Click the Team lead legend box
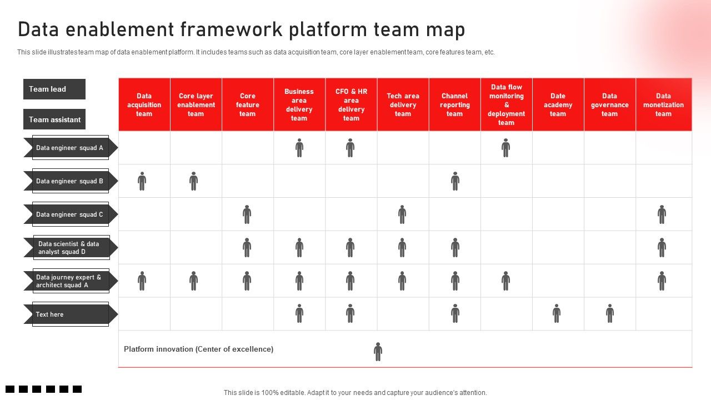pos(54,89)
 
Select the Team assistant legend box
pos(54,119)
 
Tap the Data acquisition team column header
pos(144,104)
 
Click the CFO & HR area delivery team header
pos(351,104)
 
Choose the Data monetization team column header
pos(663,104)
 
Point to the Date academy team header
pos(558,104)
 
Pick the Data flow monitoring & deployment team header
pos(506,104)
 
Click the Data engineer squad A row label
pos(70,148)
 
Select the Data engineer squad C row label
pos(70,214)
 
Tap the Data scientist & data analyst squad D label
pos(70,248)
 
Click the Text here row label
pos(70,314)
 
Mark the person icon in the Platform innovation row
pos(378,351)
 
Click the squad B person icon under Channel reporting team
pos(455,181)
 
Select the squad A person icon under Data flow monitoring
pos(505,148)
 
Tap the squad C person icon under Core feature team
pos(247,214)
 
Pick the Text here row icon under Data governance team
pos(609,313)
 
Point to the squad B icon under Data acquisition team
pos(142,181)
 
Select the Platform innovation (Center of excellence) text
pos(198,349)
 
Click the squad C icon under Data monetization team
pos(662,214)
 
